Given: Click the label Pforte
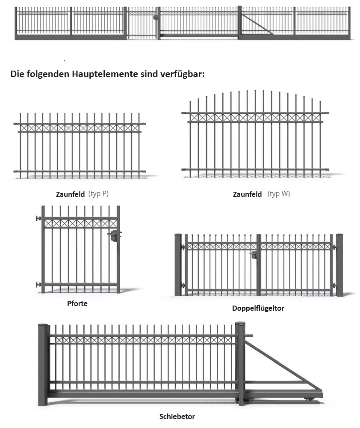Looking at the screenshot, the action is point(77,303).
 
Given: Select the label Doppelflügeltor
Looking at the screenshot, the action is point(258,308).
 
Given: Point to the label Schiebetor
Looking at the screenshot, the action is point(177,416).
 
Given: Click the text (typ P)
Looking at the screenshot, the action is point(98,194).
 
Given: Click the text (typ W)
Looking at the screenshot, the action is point(279,194).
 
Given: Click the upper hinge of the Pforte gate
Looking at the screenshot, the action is point(38,218).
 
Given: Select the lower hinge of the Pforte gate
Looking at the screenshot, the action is point(38,285).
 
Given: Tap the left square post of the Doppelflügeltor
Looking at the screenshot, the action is point(178,265).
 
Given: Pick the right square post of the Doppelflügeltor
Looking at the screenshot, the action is point(339,265).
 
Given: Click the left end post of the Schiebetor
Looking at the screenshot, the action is point(43,365).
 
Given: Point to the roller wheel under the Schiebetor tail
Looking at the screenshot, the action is point(309,399).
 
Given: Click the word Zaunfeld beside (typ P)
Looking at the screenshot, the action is point(71,194).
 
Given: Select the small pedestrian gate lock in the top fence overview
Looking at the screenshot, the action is point(155,18).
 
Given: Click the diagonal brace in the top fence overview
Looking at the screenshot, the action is point(257,24).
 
